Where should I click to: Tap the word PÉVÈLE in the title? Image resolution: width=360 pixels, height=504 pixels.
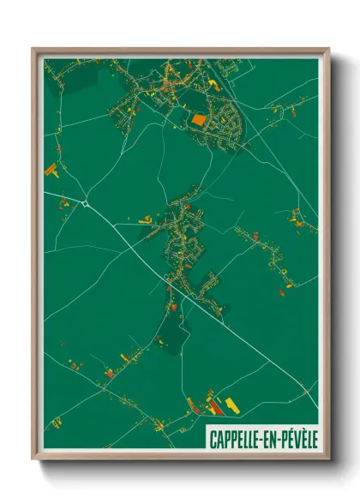pos(297,441)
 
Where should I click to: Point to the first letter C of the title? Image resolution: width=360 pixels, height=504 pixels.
pos(212,441)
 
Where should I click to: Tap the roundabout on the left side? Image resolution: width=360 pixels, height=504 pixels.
pos(87,203)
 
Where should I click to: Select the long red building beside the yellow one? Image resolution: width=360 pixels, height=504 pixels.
pos(212,402)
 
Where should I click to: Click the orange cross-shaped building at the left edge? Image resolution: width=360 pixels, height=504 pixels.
pos(53,168)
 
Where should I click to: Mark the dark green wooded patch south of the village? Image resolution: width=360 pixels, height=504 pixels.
pos(172,330)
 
